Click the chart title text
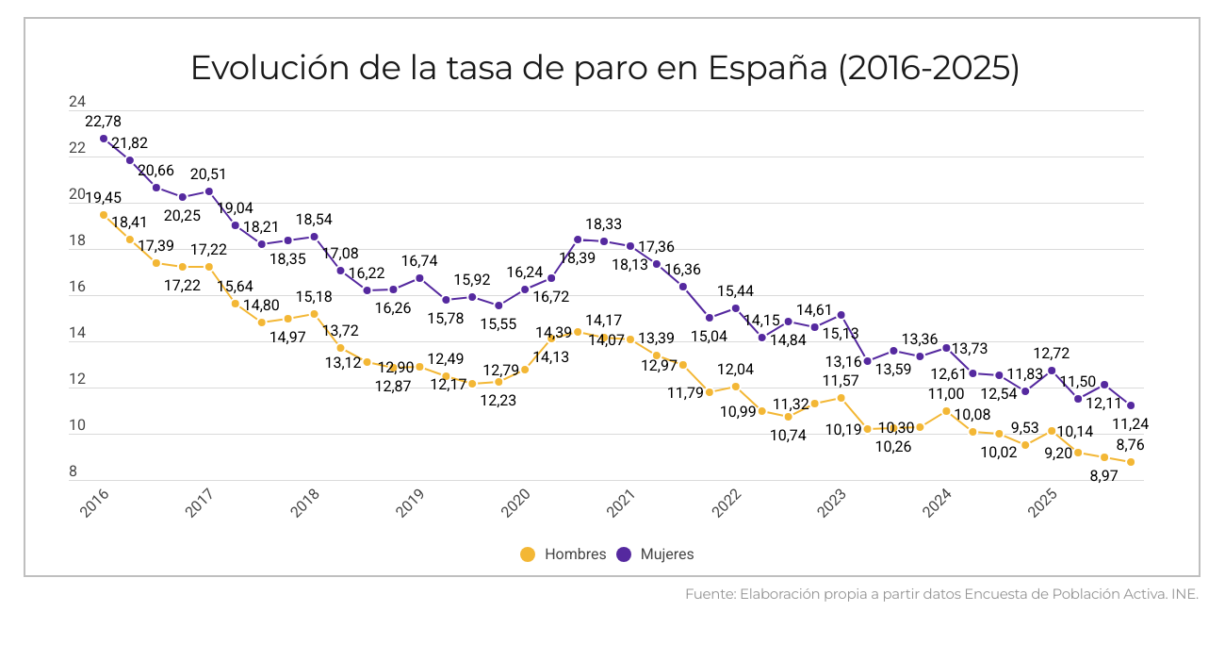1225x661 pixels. (x=604, y=69)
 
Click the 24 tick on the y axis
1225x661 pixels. (x=77, y=102)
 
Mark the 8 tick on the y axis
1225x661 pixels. (x=73, y=472)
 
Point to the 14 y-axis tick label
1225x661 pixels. (x=77, y=333)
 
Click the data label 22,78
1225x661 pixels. (x=103, y=122)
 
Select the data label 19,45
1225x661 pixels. (x=103, y=197)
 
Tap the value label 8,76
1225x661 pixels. (x=1130, y=445)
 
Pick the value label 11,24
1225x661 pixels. (x=1130, y=423)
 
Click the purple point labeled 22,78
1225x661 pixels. (x=104, y=139)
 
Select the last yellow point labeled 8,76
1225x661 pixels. (x=1130, y=462)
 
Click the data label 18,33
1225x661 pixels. (x=603, y=224)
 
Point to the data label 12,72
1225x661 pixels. (x=1051, y=354)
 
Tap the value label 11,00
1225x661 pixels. (x=945, y=394)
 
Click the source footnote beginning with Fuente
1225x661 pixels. (x=941, y=595)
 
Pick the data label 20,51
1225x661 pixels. (x=208, y=174)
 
